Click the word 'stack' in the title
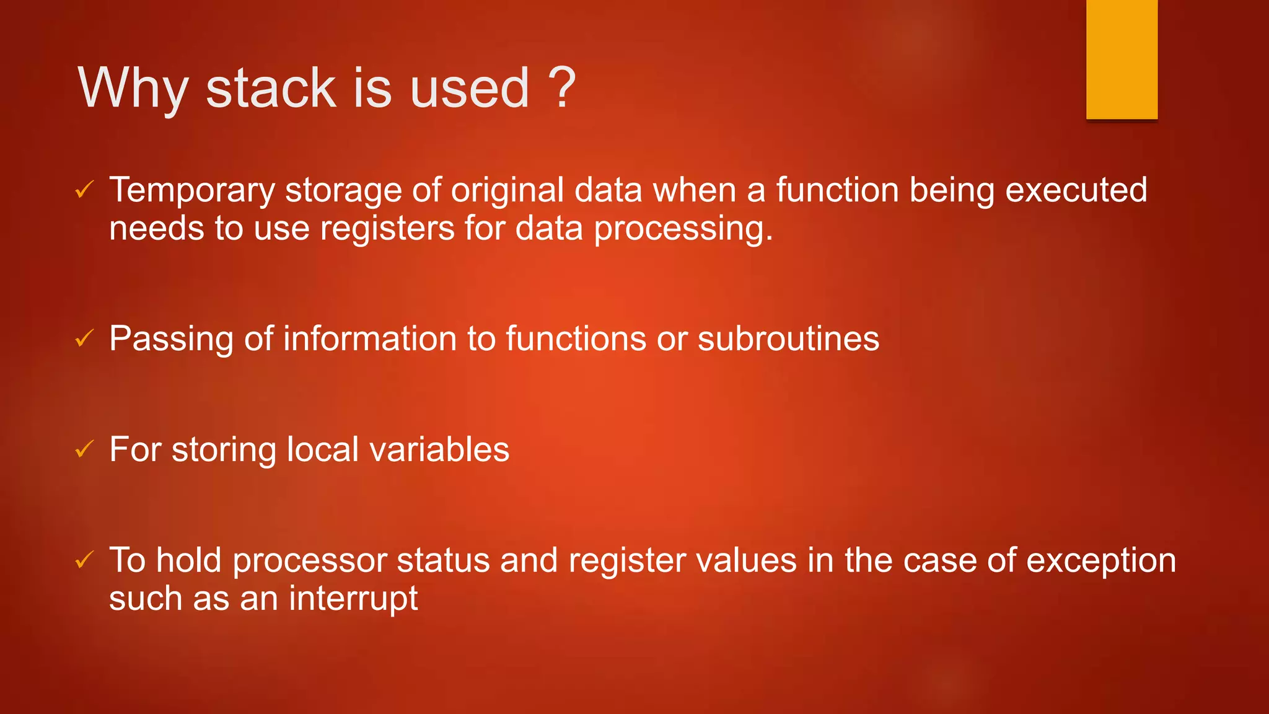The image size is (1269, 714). (271, 88)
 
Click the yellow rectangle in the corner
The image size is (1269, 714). (1122, 59)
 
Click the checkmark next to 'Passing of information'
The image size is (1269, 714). (84, 338)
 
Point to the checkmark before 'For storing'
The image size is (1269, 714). (84, 449)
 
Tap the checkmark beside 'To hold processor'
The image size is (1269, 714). (84, 560)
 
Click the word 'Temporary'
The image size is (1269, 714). (192, 190)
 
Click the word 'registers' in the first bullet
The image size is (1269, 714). (387, 228)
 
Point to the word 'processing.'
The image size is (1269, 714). (683, 229)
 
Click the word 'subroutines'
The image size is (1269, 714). (788, 339)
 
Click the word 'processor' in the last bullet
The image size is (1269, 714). (310, 561)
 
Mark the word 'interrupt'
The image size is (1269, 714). (353, 599)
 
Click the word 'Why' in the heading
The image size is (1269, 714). (133, 88)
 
